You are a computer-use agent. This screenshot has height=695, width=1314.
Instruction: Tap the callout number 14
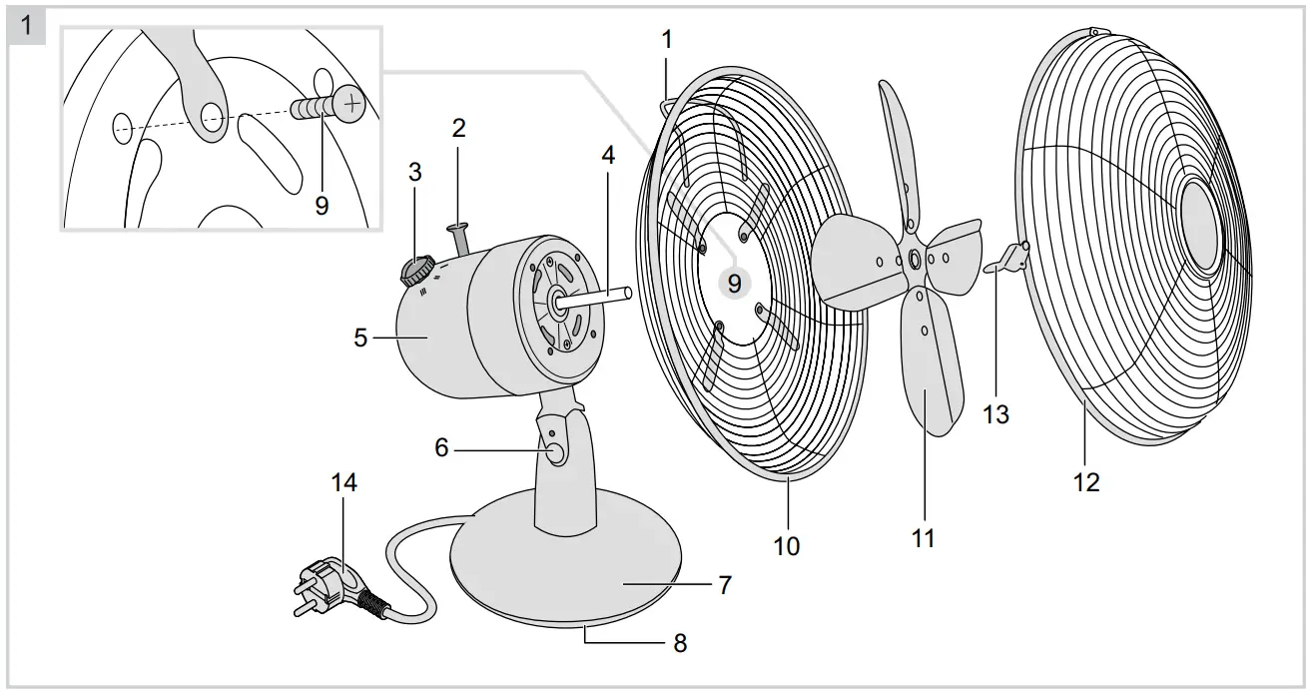(x=344, y=483)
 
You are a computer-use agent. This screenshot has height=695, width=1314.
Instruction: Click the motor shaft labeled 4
(x=599, y=297)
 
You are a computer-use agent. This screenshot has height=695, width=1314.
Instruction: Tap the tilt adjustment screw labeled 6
(x=555, y=452)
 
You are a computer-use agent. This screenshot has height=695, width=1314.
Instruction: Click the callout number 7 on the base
(x=725, y=585)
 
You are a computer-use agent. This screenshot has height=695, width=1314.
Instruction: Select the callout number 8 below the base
(x=680, y=643)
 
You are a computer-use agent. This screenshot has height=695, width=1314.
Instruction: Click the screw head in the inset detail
(x=348, y=100)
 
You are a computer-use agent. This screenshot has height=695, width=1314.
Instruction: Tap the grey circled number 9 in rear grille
(x=734, y=284)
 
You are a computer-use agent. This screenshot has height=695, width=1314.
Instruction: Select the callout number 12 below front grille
(x=1086, y=482)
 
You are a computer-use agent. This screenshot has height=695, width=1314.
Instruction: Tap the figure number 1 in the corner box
(x=27, y=25)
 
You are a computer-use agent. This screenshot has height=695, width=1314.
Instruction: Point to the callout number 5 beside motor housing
(x=360, y=339)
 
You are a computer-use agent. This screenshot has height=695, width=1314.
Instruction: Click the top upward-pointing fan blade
(x=897, y=140)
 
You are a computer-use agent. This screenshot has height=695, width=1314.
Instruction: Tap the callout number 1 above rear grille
(x=667, y=40)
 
